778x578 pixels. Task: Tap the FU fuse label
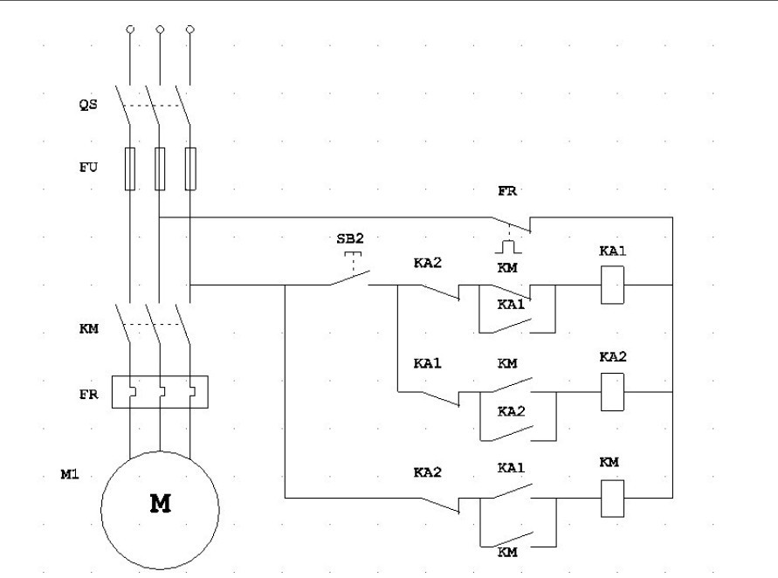(x=88, y=168)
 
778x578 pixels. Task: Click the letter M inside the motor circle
(x=160, y=505)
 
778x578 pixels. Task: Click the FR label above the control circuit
(x=507, y=190)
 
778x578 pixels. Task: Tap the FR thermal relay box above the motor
(x=160, y=392)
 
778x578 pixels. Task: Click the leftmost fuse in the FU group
(x=130, y=168)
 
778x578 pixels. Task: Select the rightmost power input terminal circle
(x=190, y=30)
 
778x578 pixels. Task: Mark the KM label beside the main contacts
(x=88, y=328)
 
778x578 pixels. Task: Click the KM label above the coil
(x=609, y=462)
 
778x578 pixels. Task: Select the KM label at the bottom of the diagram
(x=507, y=553)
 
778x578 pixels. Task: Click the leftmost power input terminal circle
(x=130, y=30)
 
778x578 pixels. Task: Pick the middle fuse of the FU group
(x=160, y=168)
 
